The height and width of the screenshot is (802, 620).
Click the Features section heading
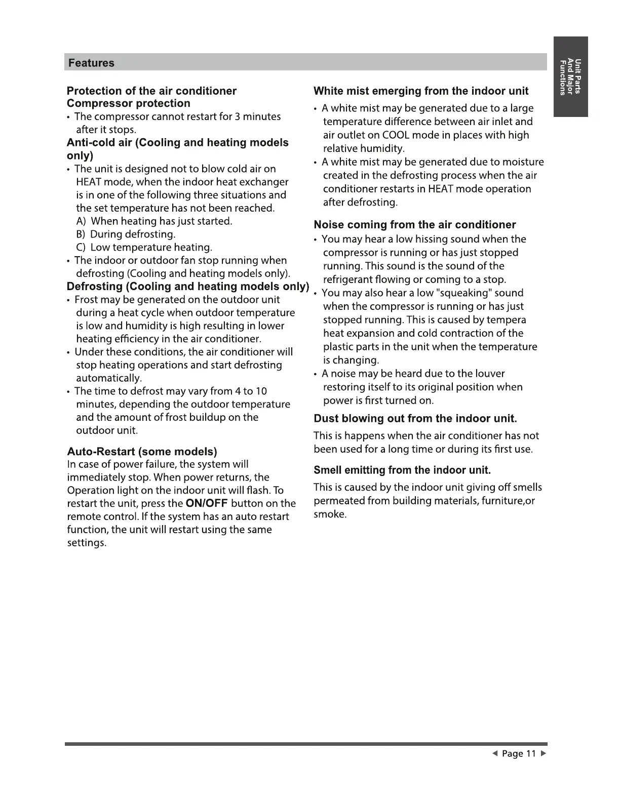91,63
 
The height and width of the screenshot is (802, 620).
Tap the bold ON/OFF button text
207,504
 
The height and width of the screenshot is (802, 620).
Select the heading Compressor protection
129,103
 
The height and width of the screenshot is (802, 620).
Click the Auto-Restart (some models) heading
142,452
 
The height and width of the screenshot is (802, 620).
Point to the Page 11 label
519,754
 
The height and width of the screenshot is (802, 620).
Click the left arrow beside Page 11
495,754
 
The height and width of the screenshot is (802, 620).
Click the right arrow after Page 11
544,754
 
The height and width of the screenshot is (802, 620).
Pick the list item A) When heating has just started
154,221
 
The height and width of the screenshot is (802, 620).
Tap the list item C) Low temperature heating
144,248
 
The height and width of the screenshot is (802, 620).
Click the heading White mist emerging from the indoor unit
421,91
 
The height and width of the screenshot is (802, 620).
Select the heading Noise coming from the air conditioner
415,225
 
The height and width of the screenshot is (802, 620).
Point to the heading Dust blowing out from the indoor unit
415,419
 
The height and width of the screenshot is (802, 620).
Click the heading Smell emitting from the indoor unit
402,470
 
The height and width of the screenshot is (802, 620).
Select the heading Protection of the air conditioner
151,91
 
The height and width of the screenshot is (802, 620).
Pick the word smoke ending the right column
330,515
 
